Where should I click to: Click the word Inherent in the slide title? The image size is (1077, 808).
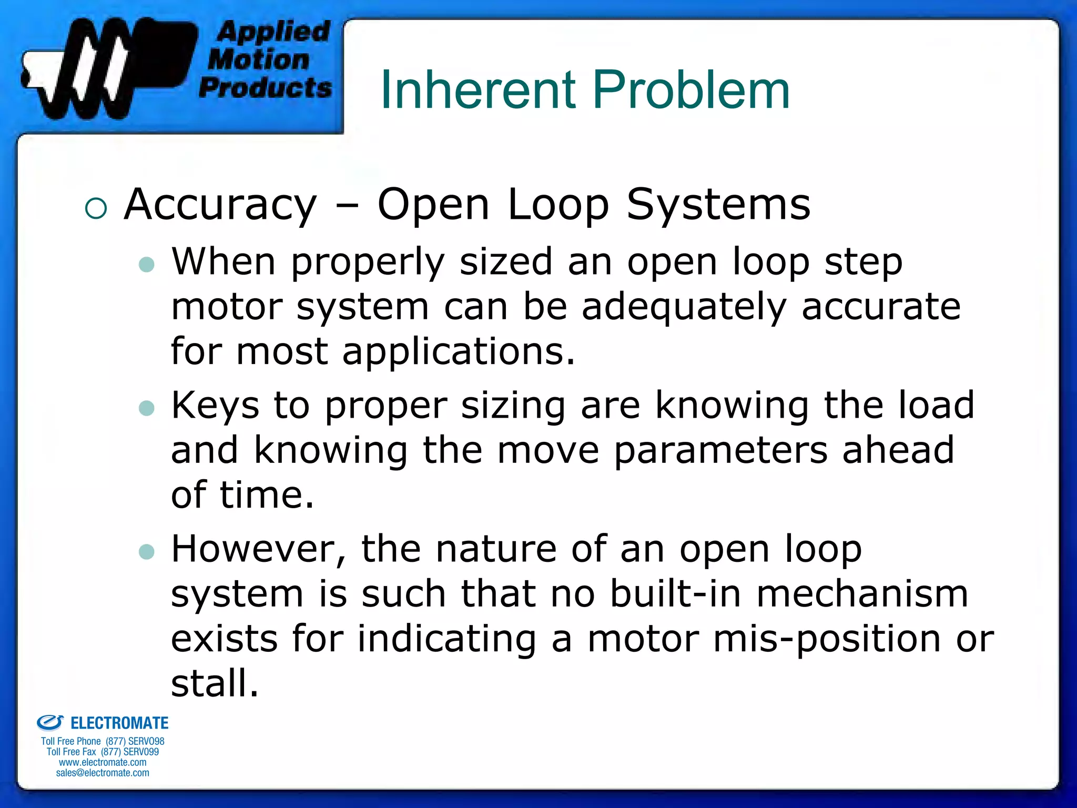[478, 90]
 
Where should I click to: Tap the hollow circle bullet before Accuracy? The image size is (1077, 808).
[96, 208]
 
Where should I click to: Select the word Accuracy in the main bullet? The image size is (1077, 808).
[221, 205]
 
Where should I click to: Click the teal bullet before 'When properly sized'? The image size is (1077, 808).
[147, 265]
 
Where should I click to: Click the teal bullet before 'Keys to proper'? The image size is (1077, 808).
[147, 408]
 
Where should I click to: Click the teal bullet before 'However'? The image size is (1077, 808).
[147, 552]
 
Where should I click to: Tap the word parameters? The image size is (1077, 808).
[720, 451]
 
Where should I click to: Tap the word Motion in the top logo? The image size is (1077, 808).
[258, 59]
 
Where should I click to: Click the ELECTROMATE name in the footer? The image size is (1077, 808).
[119, 723]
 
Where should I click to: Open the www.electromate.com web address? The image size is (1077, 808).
[103, 762]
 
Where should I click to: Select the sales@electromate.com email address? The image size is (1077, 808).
[103, 773]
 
